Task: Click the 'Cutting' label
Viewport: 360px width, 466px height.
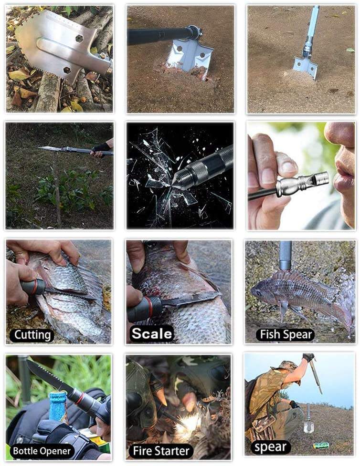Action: click(32, 335)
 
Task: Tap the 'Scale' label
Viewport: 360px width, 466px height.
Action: click(152, 333)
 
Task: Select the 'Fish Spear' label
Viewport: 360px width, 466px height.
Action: click(286, 334)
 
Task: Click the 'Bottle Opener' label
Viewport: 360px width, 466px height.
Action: click(42, 451)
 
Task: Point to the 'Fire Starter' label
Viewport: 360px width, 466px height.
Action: click(161, 451)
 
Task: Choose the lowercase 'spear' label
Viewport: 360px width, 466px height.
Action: click(270, 447)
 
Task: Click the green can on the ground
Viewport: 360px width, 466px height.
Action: click(320, 445)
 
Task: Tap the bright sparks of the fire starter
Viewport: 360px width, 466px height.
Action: click(186, 424)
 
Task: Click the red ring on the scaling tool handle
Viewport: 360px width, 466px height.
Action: click(150, 306)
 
